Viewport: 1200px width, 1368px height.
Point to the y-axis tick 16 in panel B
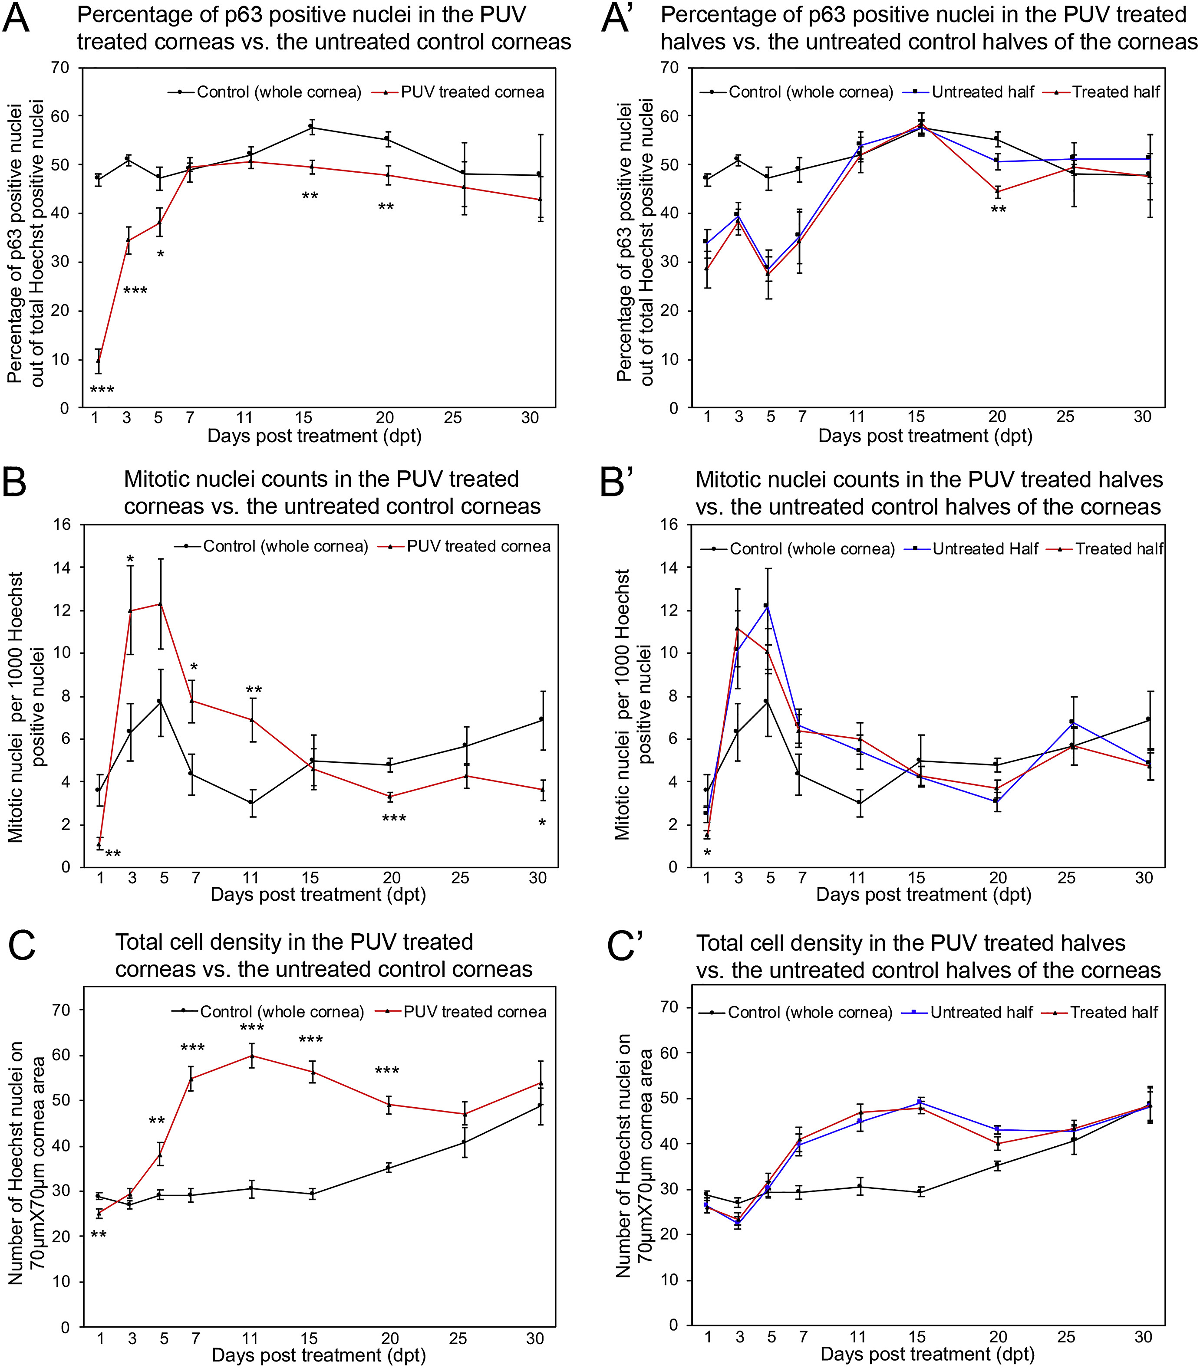[x=62, y=525]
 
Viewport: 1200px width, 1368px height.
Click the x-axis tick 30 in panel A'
[x=1142, y=417]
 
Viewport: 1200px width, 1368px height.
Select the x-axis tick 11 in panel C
[x=250, y=1338]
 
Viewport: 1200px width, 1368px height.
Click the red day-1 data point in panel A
[x=99, y=361]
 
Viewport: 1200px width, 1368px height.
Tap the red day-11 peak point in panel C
[x=252, y=1056]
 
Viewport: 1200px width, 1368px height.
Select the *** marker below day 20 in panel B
[x=394, y=819]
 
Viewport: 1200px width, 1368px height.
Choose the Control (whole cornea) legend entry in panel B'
[x=811, y=549]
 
